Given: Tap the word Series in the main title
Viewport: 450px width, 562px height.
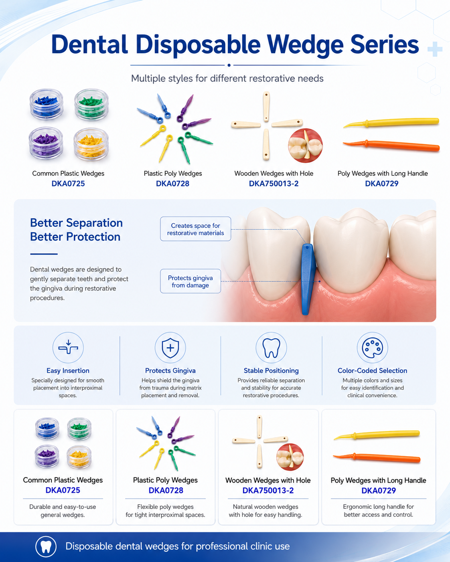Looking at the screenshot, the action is tap(384, 44).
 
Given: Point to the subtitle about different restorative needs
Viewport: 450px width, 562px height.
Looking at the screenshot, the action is tap(227, 78).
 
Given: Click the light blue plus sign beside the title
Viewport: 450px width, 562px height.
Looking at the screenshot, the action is tap(435, 49).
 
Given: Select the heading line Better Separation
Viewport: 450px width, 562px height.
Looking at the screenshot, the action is tap(76, 223).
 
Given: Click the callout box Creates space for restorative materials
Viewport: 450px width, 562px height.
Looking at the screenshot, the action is tap(195, 229).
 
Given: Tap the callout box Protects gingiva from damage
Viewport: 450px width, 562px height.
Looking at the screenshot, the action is tap(191, 281).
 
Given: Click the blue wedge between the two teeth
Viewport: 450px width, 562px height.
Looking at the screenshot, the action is tap(308, 279).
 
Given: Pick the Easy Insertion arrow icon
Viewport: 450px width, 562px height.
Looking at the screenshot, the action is tap(68, 347).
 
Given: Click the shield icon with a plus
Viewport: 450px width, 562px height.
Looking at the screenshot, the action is tap(170, 348).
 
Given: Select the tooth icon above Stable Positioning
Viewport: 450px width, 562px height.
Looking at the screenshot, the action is tap(271, 348).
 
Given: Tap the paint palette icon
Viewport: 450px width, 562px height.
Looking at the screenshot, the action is tap(372, 348).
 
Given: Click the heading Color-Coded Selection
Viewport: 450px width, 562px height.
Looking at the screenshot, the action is tap(372, 370).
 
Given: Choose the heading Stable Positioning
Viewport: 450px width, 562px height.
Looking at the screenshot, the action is tap(271, 370).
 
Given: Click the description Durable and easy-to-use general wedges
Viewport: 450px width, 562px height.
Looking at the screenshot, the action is tap(63, 511).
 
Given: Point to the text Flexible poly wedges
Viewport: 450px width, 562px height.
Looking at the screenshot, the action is tap(165, 507).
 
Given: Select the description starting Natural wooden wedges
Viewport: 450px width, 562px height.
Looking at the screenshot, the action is tap(266, 511).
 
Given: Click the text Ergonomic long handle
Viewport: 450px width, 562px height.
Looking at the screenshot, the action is tap(378, 507).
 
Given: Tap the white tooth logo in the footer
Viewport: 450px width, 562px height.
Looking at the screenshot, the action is tap(46, 546).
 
